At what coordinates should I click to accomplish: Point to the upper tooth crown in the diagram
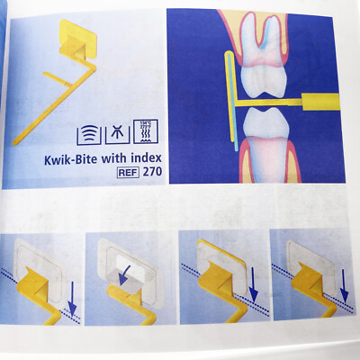[x=262, y=67]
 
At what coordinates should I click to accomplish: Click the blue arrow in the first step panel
[x=71, y=310]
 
